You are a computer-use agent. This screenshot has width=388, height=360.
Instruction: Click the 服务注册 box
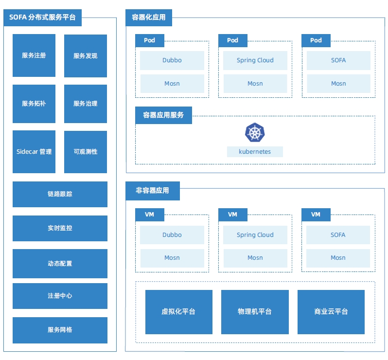click(34, 55)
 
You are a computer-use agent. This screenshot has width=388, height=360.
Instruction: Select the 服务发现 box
click(86, 55)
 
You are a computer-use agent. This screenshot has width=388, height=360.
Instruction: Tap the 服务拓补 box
click(34, 104)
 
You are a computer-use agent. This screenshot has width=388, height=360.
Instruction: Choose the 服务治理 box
click(86, 104)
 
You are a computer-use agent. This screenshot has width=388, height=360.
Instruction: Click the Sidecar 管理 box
click(34, 152)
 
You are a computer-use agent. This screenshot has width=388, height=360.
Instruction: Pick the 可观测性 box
click(86, 152)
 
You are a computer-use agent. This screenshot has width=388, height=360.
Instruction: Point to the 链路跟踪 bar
click(60, 194)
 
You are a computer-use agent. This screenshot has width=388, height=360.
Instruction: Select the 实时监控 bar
click(60, 228)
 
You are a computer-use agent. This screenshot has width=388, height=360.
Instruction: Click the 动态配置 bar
click(60, 264)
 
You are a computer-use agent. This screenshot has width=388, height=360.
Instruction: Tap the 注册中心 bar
click(60, 296)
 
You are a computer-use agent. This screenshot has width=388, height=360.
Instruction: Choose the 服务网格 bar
click(60, 330)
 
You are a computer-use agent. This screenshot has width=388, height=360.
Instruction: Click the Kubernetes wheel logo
click(254, 133)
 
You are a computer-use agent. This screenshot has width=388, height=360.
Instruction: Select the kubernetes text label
click(255, 152)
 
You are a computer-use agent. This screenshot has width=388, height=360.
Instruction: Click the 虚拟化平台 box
click(178, 312)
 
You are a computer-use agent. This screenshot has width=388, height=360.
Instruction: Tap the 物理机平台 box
click(255, 312)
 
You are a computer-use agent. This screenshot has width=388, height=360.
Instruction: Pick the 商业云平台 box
click(331, 312)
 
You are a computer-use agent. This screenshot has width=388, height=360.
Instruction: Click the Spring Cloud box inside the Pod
click(255, 60)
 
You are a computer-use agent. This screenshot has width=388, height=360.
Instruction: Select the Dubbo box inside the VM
click(172, 235)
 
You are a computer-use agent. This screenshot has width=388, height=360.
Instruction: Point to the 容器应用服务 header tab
click(163, 115)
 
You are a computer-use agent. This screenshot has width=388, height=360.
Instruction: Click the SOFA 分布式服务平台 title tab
click(42, 18)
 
